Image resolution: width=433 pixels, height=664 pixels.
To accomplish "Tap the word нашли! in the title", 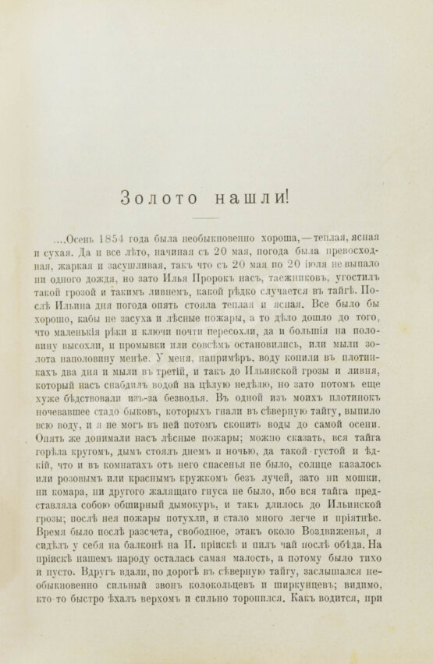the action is click(247, 198).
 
